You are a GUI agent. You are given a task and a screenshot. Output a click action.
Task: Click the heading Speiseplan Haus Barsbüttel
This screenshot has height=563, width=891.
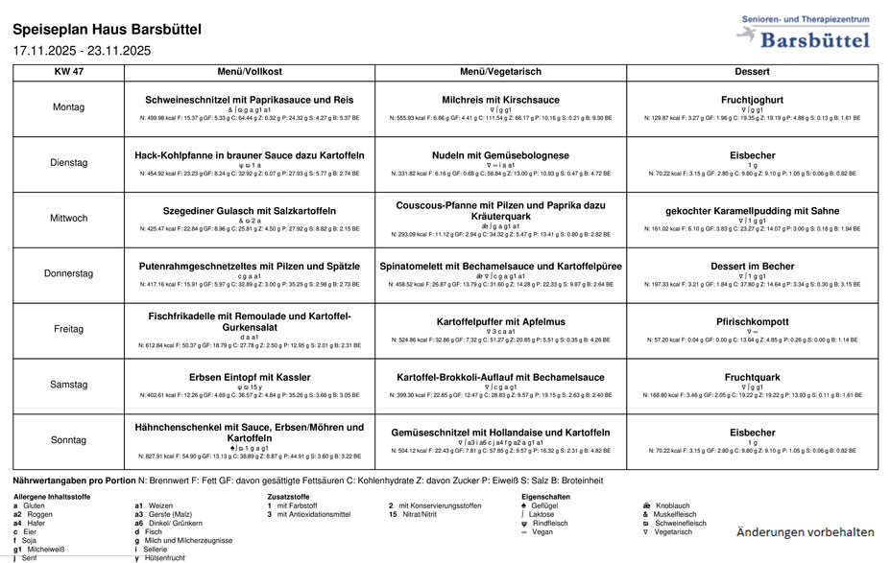click(x=107, y=30)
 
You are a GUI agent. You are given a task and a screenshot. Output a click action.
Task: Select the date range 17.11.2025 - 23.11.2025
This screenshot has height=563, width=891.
click(x=82, y=51)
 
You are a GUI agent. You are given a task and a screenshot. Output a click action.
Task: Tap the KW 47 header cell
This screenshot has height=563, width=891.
click(x=67, y=72)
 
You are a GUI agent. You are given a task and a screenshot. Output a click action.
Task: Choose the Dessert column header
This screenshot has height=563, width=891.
click(x=752, y=72)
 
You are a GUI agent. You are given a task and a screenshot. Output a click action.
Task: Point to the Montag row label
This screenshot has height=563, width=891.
click(x=67, y=107)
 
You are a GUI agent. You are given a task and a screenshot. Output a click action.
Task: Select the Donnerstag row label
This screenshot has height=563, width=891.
click(x=67, y=273)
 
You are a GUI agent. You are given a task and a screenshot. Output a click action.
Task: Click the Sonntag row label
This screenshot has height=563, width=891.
click(x=67, y=440)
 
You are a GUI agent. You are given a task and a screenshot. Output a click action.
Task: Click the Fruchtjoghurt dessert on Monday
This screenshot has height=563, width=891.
click(x=752, y=100)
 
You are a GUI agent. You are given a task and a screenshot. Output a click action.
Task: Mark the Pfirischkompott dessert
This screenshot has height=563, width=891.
click(x=752, y=321)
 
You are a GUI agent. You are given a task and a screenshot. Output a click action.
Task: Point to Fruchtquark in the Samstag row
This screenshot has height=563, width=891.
click(x=752, y=377)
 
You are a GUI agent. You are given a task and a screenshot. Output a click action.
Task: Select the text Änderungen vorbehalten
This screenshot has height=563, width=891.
click(x=804, y=531)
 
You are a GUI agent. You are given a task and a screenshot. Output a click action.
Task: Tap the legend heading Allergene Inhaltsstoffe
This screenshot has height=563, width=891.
click(x=52, y=496)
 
